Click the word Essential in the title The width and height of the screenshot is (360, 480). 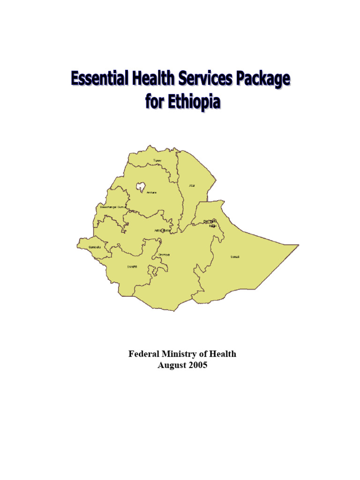coord(98,79)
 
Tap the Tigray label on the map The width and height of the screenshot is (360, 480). coord(157,161)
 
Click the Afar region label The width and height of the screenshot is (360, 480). coord(191,186)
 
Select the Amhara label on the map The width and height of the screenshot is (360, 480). coord(151,193)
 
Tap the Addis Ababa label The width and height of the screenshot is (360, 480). coord(163,231)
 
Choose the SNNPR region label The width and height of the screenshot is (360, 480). coord(132,267)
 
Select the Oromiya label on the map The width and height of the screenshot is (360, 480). coord(164,255)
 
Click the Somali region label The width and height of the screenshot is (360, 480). coord(234,257)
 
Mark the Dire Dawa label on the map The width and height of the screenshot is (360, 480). coord(210,221)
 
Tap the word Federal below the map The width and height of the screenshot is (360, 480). coord(144,354)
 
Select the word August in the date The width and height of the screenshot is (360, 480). coord(171,365)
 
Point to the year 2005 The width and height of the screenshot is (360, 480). coord(198,365)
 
